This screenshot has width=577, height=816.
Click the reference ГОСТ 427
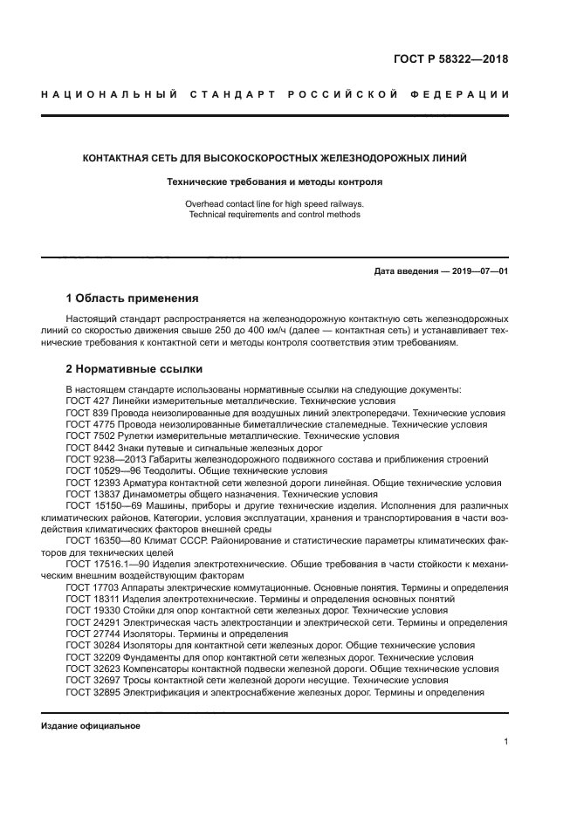pos(86,400)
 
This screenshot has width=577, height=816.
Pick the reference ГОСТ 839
pos(86,412)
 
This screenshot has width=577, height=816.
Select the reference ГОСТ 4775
pos(89,423)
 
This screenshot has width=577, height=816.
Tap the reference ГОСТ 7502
pos(89,435)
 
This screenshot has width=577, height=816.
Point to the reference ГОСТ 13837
pos(92,493)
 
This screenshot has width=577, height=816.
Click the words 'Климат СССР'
pos(174,540)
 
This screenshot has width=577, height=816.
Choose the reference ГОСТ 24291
pos(92,622)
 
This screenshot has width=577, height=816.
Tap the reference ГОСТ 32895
pos(92,692)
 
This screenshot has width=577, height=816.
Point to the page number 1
pos(505,742)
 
